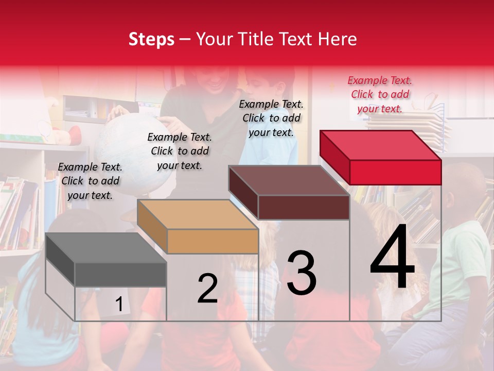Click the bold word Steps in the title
[151, 39]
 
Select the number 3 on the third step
[302, 273]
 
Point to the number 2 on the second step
[207, 288]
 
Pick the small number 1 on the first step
[119, 305]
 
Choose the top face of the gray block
[106, 248]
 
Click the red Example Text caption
[380, 94]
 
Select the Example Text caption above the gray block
[90, 181]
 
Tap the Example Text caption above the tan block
[180, 151]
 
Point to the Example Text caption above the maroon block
[271, 118]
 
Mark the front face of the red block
[395, 172]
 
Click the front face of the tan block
[213, 241]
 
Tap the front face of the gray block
[120, 274]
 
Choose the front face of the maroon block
[304, 207]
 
